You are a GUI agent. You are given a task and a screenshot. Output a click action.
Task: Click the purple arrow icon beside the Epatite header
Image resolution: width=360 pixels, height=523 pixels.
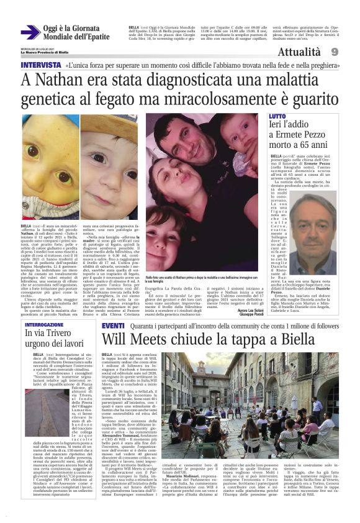pyautogui.click(x=30, y=32)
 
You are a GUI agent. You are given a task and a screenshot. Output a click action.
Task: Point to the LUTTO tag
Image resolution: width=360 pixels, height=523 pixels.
pyautogui.click(x=277, y=116)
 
